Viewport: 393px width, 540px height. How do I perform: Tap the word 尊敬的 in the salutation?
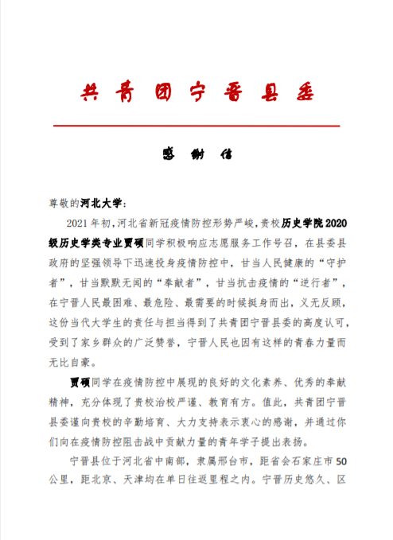pos(63,203)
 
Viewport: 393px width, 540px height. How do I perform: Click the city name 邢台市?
pos(232,460)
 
